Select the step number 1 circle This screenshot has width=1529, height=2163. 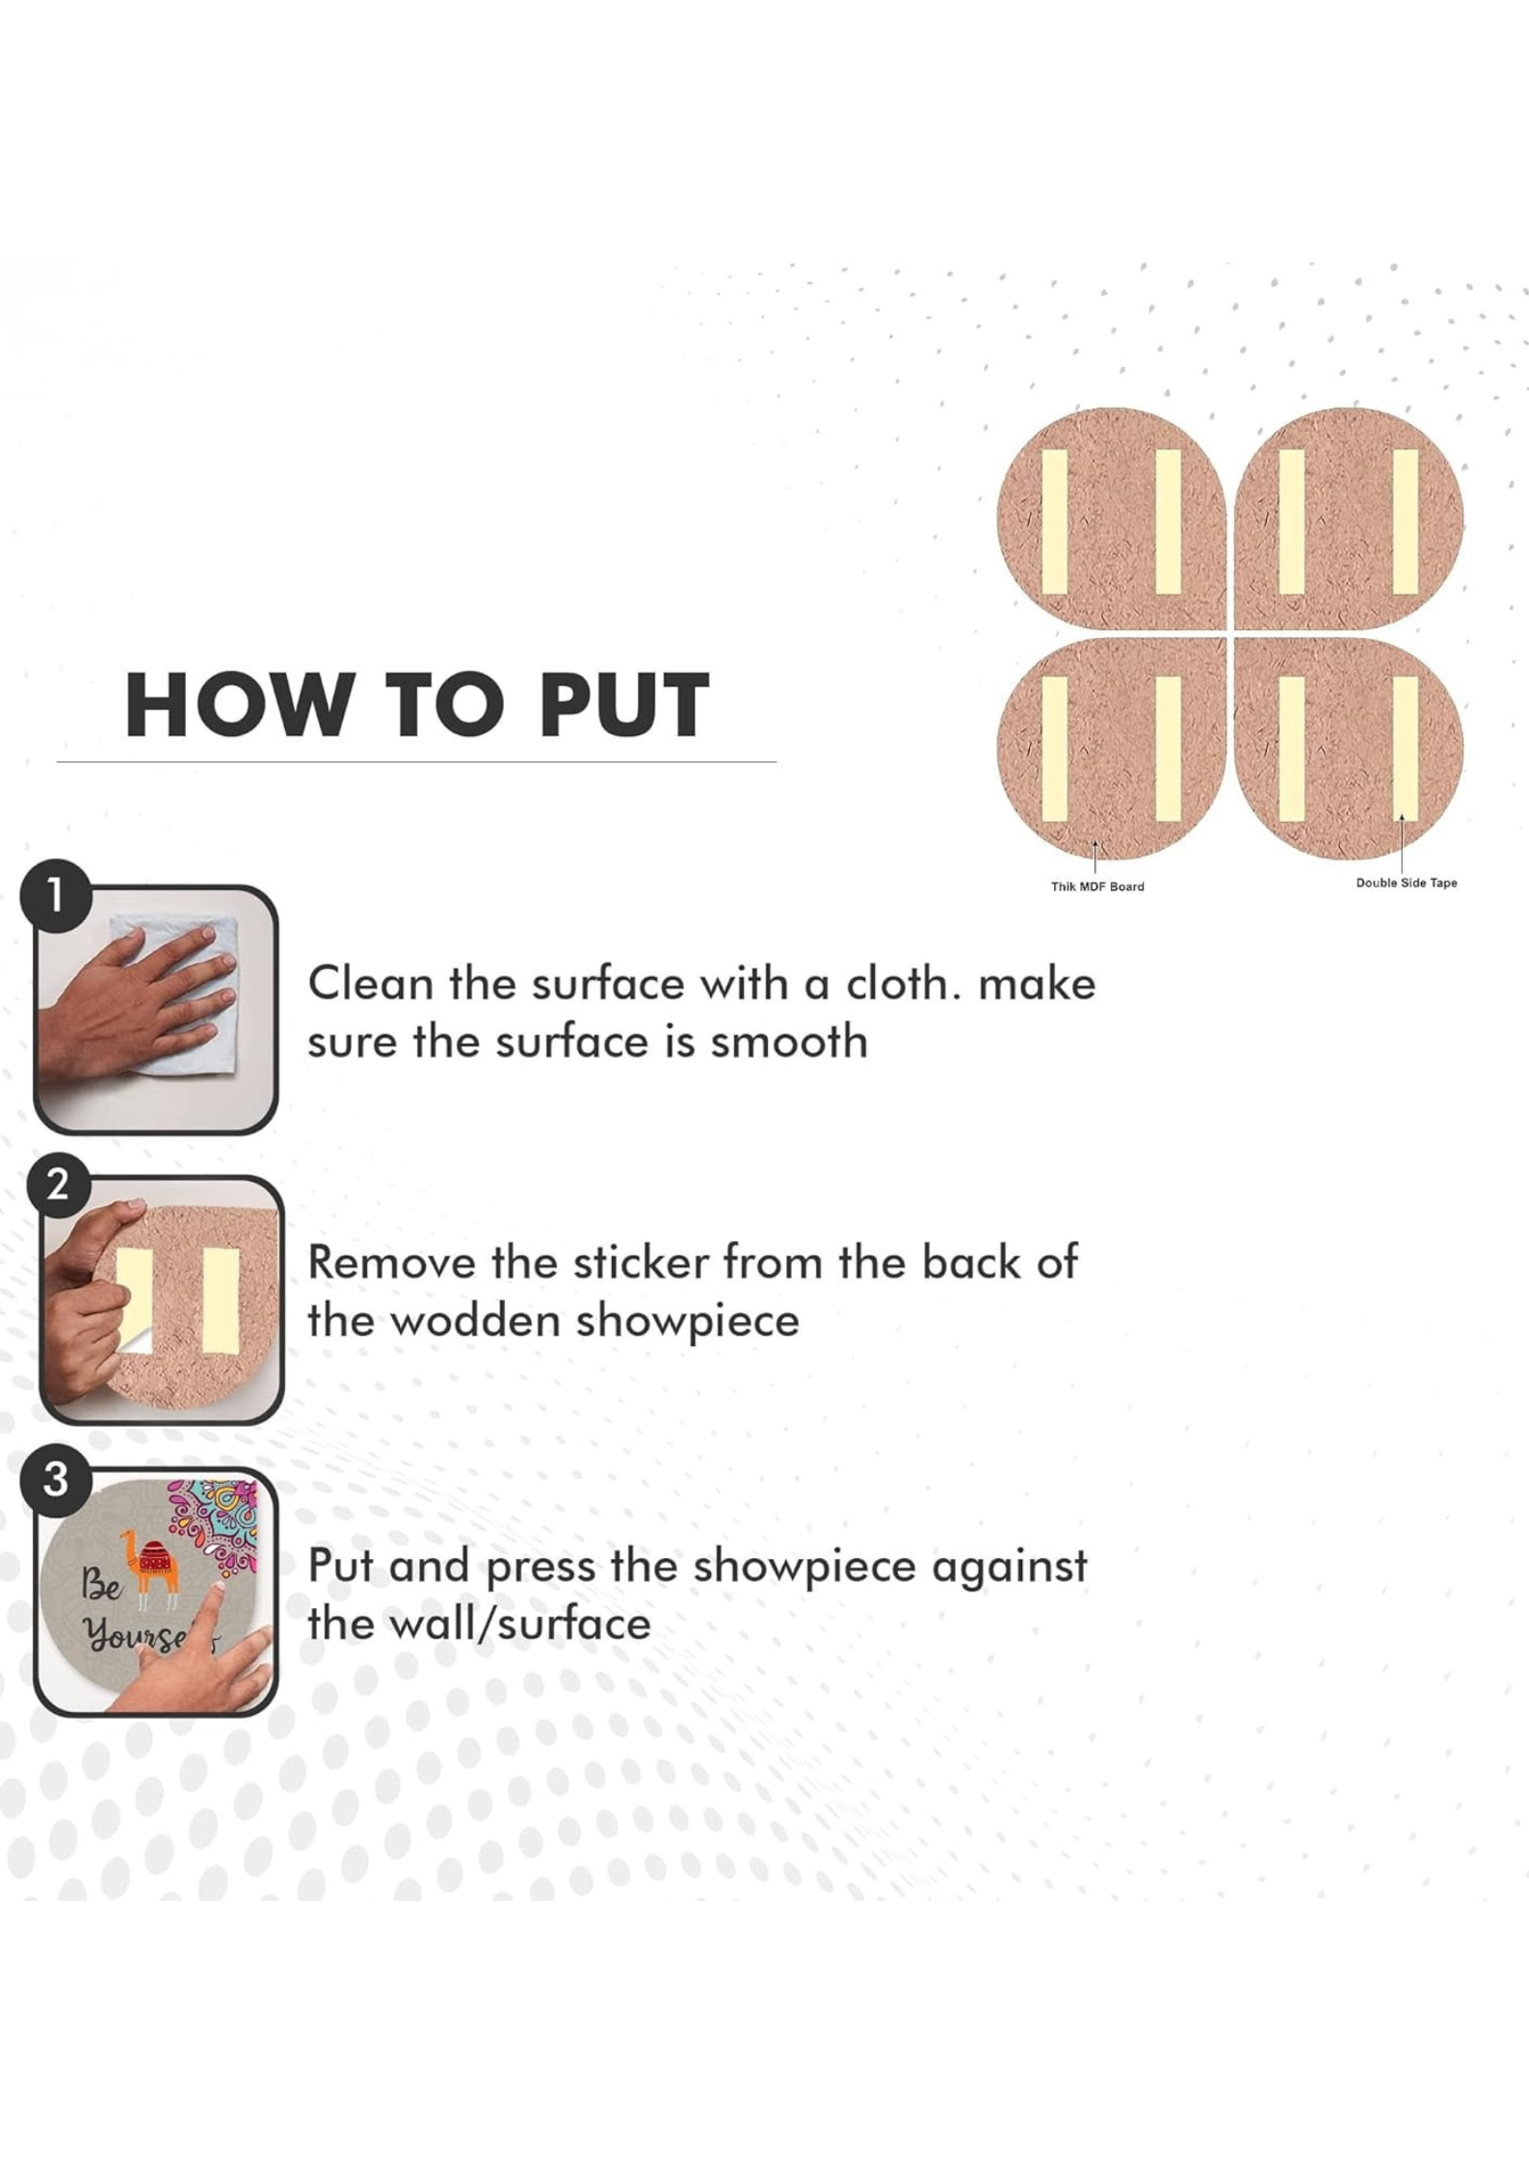(56, 895)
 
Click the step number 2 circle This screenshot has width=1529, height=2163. (57, 1182)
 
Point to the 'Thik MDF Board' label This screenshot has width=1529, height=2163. (1097, 886)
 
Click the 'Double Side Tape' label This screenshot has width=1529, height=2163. (1407, 883)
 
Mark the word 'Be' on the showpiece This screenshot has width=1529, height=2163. (100, 1582)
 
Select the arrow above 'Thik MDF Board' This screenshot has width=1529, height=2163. (1095, 857)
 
